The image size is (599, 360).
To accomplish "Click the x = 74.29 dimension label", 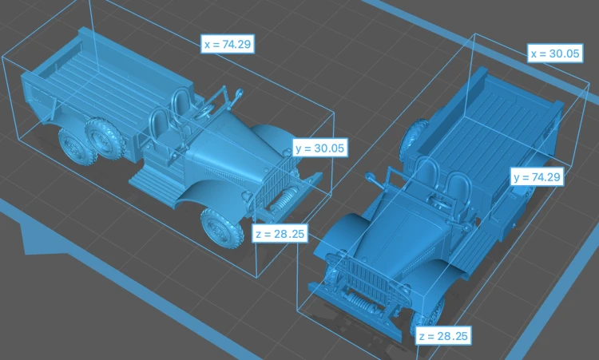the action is click(228, 44).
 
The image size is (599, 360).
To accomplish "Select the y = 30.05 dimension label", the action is click(319, 148).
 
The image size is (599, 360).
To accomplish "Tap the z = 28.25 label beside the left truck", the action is click(280, 233).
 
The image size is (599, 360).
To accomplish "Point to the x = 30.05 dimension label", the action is click(555, 53).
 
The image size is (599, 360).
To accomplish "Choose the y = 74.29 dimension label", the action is click(537, 177).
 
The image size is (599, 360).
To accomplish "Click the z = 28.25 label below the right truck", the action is click(443, 336).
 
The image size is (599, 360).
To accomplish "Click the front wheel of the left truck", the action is click(222, 227).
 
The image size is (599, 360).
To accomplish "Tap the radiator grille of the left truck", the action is click(273, 185).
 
